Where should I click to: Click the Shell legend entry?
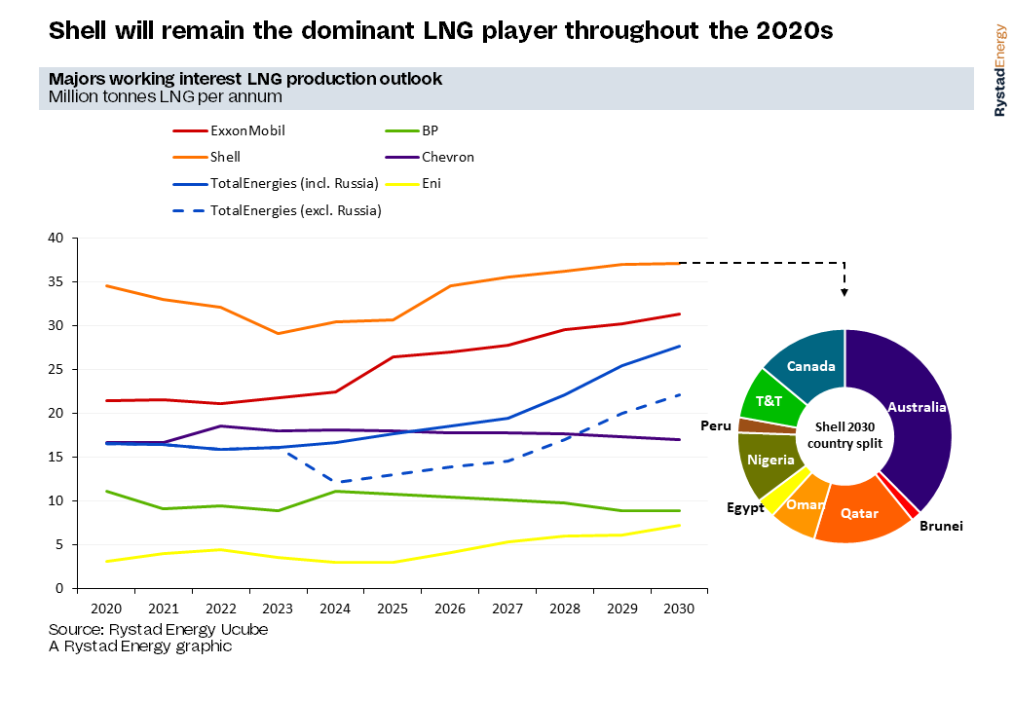pyautogui.click(x=206, y=157)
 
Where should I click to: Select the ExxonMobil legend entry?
pyautogui.click(x=229, y=130)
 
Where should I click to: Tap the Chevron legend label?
pyautogui.click(x=448, y=157)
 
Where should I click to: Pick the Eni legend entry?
pyautogui.click(x=413, y=184)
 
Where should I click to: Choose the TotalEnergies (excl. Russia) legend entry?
pyautogui.click(x=278, y=210)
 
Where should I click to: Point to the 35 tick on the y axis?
pyautogui.click(x=56, y=282)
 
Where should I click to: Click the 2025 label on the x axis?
pyautogui.click(x=393, y=609)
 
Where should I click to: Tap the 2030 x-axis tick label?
pyautogui.click(x=679, y=609)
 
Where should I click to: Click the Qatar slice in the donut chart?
pyautogui.click(x=860, y=513)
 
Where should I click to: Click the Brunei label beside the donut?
pyautogui.click(x=941, y=526)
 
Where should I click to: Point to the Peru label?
pyautogui.click(x=716, y=425)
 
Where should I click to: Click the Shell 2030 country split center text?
pyautogui.click(x=845, y=435)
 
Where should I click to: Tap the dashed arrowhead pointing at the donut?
pyautogui.click(x=844, y=292)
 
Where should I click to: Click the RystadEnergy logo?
pyautogui.click(x=1000, y=70)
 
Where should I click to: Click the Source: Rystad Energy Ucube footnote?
pyautogui.click(x=158, y=629)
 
